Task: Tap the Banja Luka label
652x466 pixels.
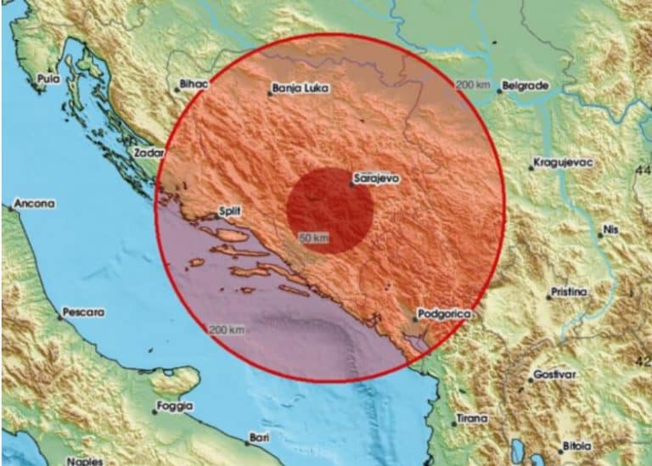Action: click(299, 88)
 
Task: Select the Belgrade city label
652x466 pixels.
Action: click(526, 86)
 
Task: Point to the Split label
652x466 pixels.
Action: click(229, 209)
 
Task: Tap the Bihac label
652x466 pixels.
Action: click(192, 85)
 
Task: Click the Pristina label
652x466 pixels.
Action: click(569, 293)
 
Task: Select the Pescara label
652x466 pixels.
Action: click(85, 312)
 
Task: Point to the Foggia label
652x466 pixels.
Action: click(175, 407)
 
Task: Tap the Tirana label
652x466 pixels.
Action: click(472, 418)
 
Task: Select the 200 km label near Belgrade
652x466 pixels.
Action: click(472, 85)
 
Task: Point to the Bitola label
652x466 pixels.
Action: click(576, 447)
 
